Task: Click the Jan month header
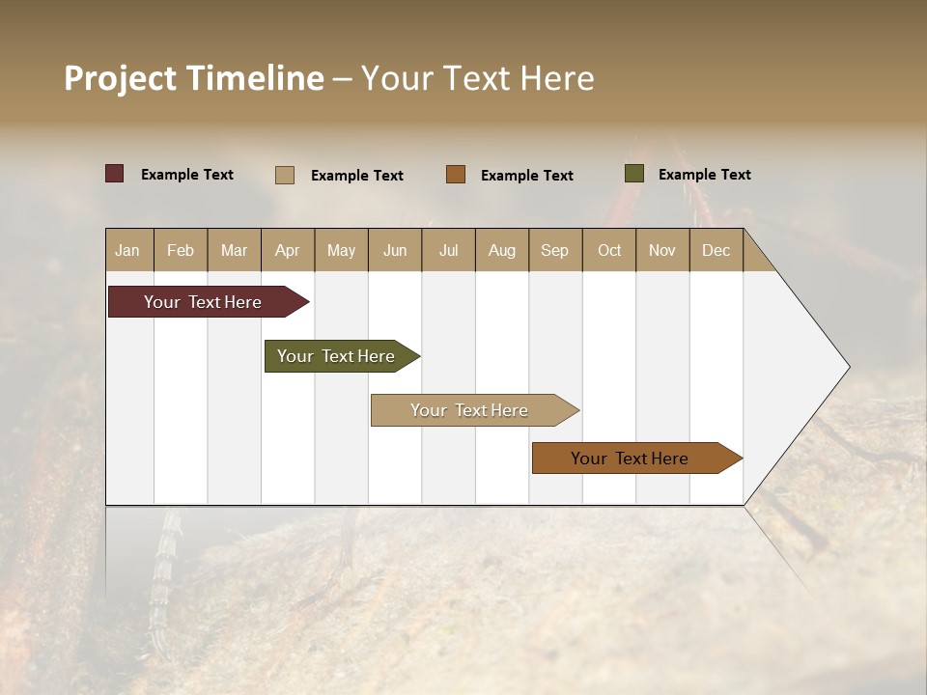(x=128, y=250)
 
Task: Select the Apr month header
(x=288, y=250)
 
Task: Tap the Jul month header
(x=448, y=250)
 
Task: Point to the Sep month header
(x=554, y=250)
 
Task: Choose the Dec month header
(x=716, y=250)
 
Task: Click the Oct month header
(x=608, y=250)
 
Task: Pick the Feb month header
(x=181, y=250)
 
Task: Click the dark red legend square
(x=115, y=174)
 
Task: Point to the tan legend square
(x=285, y=175)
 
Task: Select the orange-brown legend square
(x=456, y=174)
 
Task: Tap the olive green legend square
(x=634, y=174)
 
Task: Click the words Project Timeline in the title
(x=193, y=78)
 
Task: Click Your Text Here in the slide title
(x=477, y=78)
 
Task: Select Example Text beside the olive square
(x=704, y=175)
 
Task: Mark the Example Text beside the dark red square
(x=187, y=175)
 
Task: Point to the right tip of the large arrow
(x=847, y=367)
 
